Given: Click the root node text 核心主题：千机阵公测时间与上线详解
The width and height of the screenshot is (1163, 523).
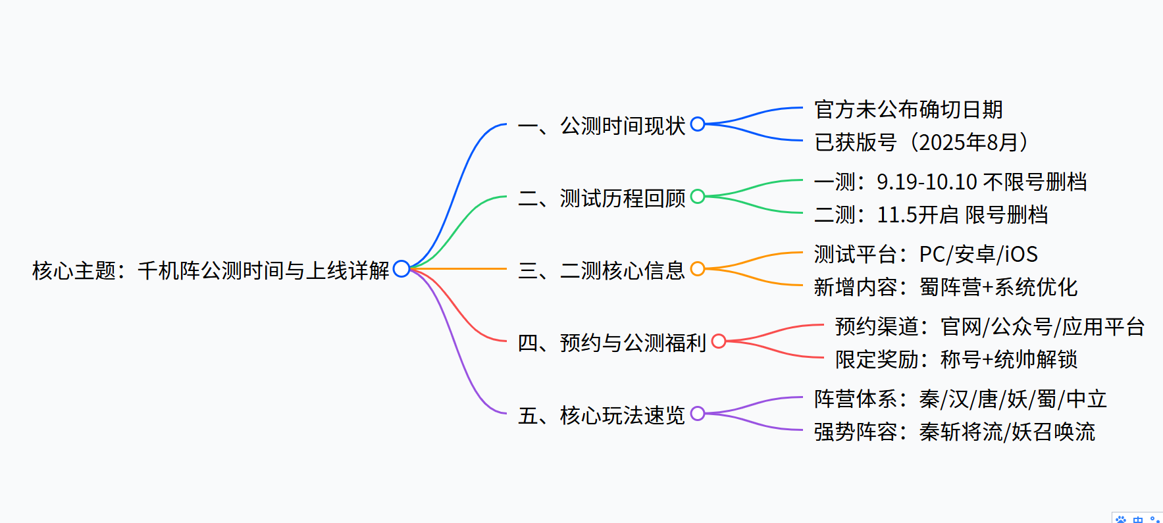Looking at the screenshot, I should (x=211, y=270).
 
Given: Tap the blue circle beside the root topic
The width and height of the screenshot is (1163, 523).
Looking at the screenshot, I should (x=401, y=268).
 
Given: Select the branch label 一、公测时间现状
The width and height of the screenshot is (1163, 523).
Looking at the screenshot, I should (x=602, y=125).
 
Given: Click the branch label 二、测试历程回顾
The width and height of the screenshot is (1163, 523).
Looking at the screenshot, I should (x=602, y=197).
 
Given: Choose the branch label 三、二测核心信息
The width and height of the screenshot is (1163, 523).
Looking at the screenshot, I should (x=602, y=270).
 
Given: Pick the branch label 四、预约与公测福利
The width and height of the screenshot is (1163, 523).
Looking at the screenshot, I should (x=612, y=342).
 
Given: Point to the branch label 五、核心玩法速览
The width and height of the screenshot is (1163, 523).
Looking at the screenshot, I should (x=602, y=414).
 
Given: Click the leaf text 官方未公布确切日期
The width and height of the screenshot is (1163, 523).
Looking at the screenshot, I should (x=908, y=109).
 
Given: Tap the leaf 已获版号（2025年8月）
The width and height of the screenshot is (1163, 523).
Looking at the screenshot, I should (x=921, y=142).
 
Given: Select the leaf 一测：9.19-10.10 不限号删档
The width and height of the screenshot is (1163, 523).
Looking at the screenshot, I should (x=950, y=182).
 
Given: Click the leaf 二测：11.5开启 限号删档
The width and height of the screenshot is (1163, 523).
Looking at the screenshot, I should (x=931, y=214).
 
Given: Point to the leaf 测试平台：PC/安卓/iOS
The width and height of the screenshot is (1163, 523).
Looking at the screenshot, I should (x=925, y=254).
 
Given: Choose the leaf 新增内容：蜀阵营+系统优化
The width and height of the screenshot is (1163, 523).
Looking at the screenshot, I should (x=945, y=287).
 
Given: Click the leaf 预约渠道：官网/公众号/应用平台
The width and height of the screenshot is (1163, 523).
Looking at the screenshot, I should (x=989, y=326).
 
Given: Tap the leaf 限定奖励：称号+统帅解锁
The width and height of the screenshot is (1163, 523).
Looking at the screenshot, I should (x=956, y=359).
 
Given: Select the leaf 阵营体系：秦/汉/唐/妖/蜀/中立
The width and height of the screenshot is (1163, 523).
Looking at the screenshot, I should (x=960, y=399).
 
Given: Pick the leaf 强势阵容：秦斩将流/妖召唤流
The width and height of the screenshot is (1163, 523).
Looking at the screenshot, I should (x=954, y=432).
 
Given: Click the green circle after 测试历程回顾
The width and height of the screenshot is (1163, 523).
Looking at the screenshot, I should (x=698, y=196).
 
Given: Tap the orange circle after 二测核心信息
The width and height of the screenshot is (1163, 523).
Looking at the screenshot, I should (x=698, y=268).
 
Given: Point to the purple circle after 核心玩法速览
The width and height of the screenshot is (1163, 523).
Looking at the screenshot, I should (x=698, y=413).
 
